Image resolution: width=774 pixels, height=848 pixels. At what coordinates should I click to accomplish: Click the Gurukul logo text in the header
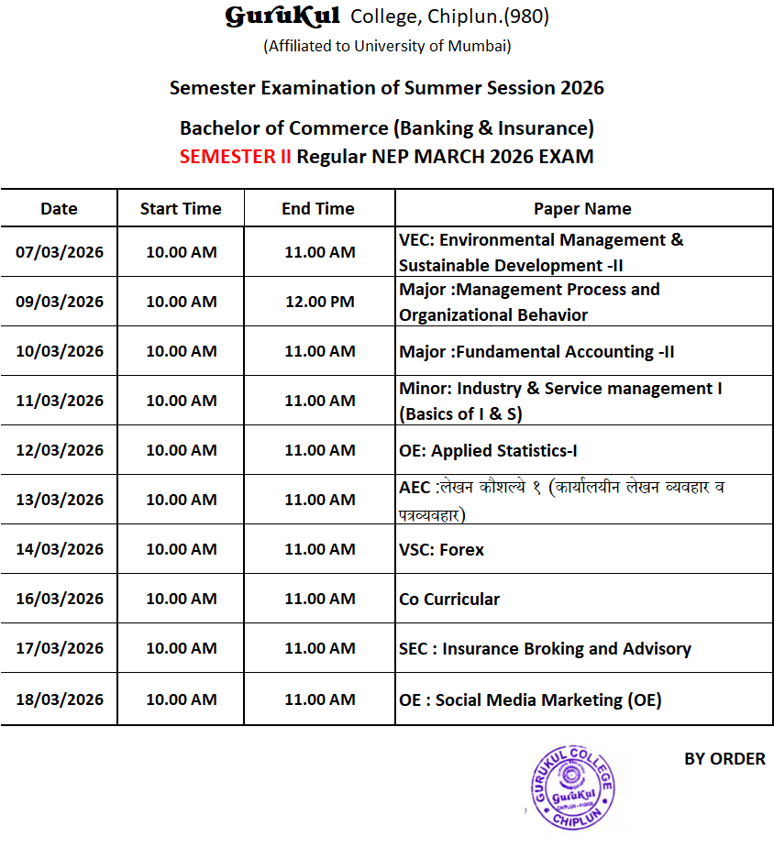pyautogui.click(x=282, y=17)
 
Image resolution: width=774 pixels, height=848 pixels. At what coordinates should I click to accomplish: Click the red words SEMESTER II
pyautogui.click(x=235, y=156)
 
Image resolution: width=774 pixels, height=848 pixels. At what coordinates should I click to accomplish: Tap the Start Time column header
pyautogui.click(x=181, y=209)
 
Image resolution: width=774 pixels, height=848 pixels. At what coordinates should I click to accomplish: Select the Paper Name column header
pyautogui.click(x=582, y=209)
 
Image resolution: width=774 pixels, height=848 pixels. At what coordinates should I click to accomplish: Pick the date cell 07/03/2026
pyautogui.click(x=60, y=252)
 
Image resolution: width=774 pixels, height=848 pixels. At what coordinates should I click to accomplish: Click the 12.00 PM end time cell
pyautogui.click(x=319, y=302)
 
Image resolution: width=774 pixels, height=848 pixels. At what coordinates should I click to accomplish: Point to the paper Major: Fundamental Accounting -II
pyautogui.click(x=536, y=351)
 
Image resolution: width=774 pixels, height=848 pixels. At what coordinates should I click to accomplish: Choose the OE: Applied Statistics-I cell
pyautogui.click(x=488, y=450)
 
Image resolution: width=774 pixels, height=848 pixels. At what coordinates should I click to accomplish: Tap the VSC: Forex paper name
pyautogui.click(x=441, y=550)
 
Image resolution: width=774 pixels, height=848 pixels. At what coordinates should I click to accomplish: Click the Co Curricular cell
pyautogui.click(x=449, y=600)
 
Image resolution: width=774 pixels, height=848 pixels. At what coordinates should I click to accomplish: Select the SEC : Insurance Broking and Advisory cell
pyautogui.click(x=545, y=649)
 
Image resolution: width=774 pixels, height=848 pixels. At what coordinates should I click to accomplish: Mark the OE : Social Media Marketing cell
pyautogui.click(x=530, y=700)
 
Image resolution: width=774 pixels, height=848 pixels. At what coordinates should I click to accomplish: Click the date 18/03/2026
pyautogui.click(x=60, y=699)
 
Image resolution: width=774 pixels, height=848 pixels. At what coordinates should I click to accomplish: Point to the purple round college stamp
pyautogui.click(x=571, y=787)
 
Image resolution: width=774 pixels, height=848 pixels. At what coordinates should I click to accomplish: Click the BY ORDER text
pyautogui.click(x=724, y=759)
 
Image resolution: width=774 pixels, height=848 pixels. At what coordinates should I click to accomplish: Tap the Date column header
pyautogui.click(x=60, y=209)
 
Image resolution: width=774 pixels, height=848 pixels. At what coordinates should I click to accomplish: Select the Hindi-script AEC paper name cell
pyautogui.click(x=561, y=501)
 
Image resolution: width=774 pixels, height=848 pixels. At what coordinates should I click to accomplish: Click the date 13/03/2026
pyautogui.click(x=60, y=500)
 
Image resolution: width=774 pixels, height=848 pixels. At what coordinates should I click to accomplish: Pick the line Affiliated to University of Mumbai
pyautogui.click(x=387, y=46)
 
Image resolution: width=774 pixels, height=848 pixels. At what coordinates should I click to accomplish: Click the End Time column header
pyautogui.click(x=318, y=209)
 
